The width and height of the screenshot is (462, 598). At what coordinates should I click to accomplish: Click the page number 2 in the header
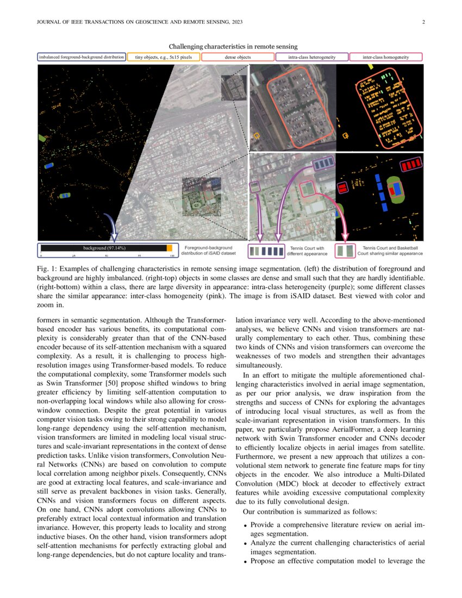[x=422, y=22]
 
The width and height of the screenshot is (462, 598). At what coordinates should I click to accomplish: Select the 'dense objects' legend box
[x=238, y=57]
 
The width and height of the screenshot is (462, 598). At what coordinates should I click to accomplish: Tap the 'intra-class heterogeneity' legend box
[x=311, y=57]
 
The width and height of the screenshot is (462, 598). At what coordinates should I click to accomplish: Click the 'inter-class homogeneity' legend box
[x=385, y=57]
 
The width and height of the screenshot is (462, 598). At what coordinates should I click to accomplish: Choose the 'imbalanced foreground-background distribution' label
[x=82, y=57]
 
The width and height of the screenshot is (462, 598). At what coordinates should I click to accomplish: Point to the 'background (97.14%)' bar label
[x=104, y=248]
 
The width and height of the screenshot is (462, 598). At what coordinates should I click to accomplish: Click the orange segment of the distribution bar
[x=169, y=248]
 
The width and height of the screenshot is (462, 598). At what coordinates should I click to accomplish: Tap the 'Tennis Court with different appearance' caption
[x=307, y=251]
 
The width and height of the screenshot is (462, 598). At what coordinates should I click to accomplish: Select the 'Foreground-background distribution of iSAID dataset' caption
[x=209, y=250]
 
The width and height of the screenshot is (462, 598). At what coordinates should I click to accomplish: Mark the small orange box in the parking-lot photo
[x=257, y=133]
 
